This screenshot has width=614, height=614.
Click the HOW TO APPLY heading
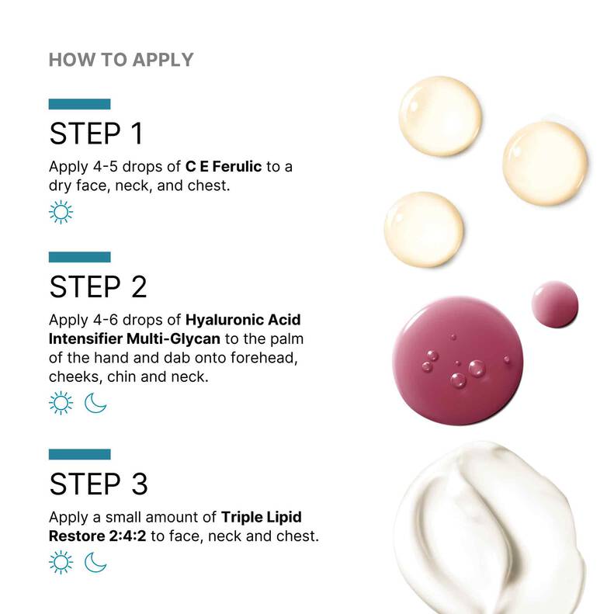(x=121, y=60)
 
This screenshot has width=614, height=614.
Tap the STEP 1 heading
(x=96, y=134)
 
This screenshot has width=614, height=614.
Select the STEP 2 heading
(x=98, y=286)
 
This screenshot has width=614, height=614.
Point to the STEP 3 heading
(x=98, y=484)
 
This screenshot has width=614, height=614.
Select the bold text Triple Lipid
(x=261, y=517)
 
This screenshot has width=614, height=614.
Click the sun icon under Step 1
(x=61, y=212)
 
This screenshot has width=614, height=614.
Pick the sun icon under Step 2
(x=61, y=403)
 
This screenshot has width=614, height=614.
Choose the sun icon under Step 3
(x=61, y=562)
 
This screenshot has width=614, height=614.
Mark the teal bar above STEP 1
(x=79, y=104)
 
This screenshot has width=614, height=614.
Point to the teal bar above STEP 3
(x=79, y=454)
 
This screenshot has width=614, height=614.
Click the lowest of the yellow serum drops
(x=424, y=230)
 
